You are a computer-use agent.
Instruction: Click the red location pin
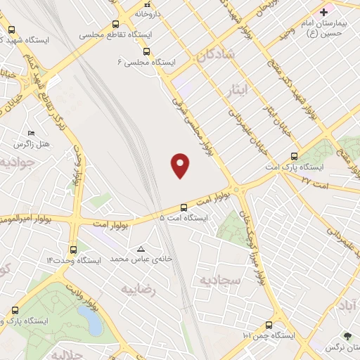181,165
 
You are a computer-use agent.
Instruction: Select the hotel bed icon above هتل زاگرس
30,133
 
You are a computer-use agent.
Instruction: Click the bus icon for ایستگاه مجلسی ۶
146,51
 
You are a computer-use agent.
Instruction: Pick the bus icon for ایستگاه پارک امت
294,156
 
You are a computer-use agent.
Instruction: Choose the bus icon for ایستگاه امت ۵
184,207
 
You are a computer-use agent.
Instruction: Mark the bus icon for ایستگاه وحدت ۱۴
73,249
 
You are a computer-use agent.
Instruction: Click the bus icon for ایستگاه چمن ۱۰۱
269,325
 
